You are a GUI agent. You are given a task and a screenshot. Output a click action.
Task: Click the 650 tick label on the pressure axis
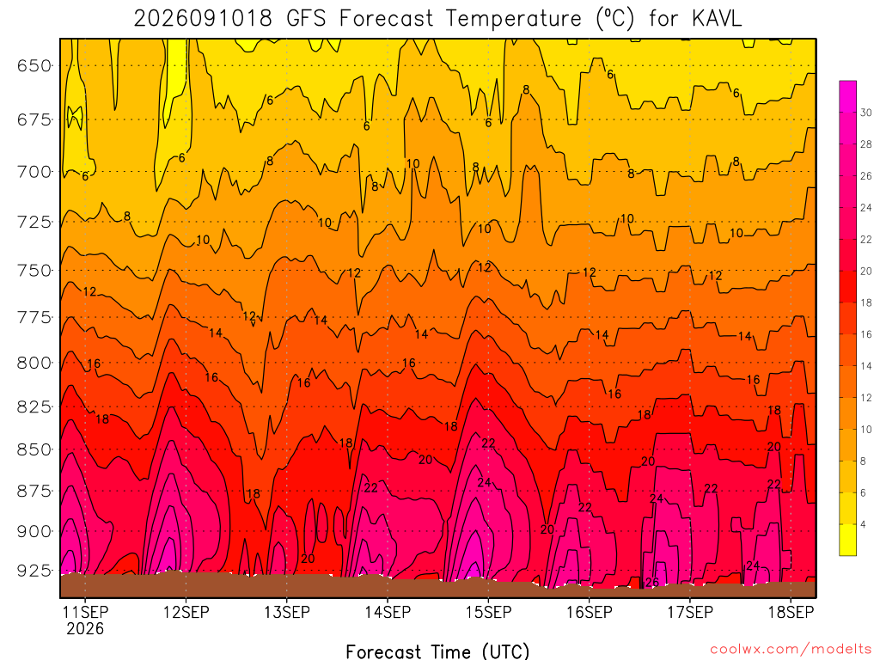point(34,66)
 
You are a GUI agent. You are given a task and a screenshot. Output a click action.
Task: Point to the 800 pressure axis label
point(34,364)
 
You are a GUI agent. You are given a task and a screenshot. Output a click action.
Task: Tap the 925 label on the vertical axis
point(34,571)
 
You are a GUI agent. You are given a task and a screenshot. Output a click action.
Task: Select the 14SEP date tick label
point(388,612)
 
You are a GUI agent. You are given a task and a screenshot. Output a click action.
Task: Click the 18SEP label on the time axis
point(791,612)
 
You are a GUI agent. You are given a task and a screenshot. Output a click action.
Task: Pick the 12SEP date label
point(186,612)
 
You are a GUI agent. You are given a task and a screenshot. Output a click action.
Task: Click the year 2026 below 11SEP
point(85,628)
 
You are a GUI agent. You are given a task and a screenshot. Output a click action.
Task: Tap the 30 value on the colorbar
point(866,113)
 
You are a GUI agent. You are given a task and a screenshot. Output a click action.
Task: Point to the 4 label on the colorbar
point(863,525)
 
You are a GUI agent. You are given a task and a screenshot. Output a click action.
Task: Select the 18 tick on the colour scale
point(866,303)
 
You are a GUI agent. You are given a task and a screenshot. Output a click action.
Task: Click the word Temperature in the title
point(514,19)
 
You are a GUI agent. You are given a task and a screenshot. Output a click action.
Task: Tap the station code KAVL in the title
point(717,19)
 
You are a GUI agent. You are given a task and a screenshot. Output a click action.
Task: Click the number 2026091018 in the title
point(203,19)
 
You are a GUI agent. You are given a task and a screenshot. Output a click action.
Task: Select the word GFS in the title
point(306,19)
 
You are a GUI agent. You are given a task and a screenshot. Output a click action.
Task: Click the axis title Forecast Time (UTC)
point(437,651)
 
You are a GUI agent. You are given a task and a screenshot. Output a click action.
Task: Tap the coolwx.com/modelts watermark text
point(791,650)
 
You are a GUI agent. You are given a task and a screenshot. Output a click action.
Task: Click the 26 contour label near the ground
point(651,583)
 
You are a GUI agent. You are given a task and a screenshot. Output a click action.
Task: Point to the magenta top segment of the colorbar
point(848,96)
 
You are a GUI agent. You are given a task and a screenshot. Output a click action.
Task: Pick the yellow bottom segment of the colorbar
point(848,540)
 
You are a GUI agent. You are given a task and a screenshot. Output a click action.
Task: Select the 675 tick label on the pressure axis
point(34,120)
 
